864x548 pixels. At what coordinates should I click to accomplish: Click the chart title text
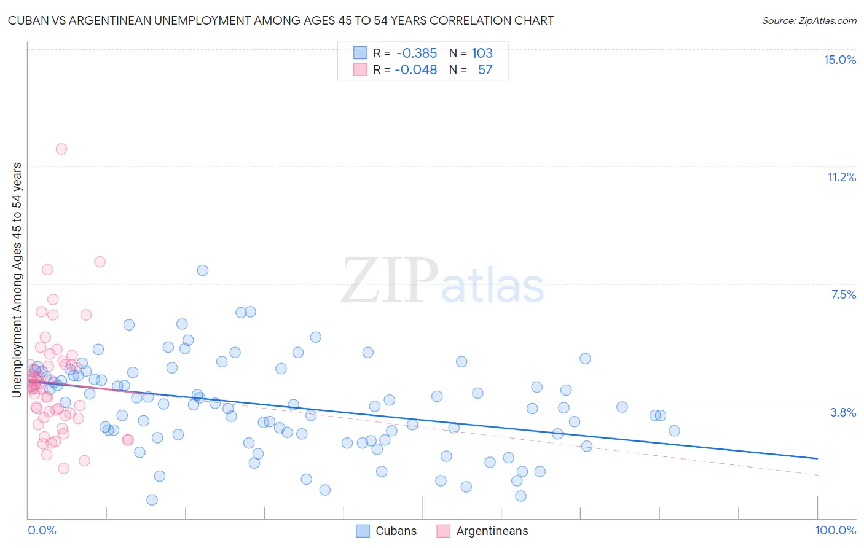pos(281,20)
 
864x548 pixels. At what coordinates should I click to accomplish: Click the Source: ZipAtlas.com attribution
pos(809,20)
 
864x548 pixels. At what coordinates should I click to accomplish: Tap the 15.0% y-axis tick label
pos(839,60)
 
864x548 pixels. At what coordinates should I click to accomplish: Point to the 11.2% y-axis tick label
pos(841,177)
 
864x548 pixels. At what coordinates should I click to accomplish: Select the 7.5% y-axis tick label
pos(843,294)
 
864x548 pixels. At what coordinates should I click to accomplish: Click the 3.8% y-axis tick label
pos(843,412)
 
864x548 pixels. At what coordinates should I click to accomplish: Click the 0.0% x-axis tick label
pos(42,530)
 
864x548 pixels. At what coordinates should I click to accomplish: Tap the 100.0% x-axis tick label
pos(835,530)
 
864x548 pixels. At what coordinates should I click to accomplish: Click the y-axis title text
pos(17,280)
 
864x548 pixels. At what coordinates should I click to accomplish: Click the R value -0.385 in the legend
pos(417,53)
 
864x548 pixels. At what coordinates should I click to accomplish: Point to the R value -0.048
pos(416,69)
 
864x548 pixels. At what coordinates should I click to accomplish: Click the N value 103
pos(482,53)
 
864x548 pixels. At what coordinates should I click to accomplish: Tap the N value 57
pos(485,69)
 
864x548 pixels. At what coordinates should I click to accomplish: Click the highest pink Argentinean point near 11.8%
pos(61,149)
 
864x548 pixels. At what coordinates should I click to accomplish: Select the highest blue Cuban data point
pos(203,270)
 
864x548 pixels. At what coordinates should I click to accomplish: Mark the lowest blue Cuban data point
pos(152,500)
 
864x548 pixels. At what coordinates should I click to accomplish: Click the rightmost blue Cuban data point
pos(674,431)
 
